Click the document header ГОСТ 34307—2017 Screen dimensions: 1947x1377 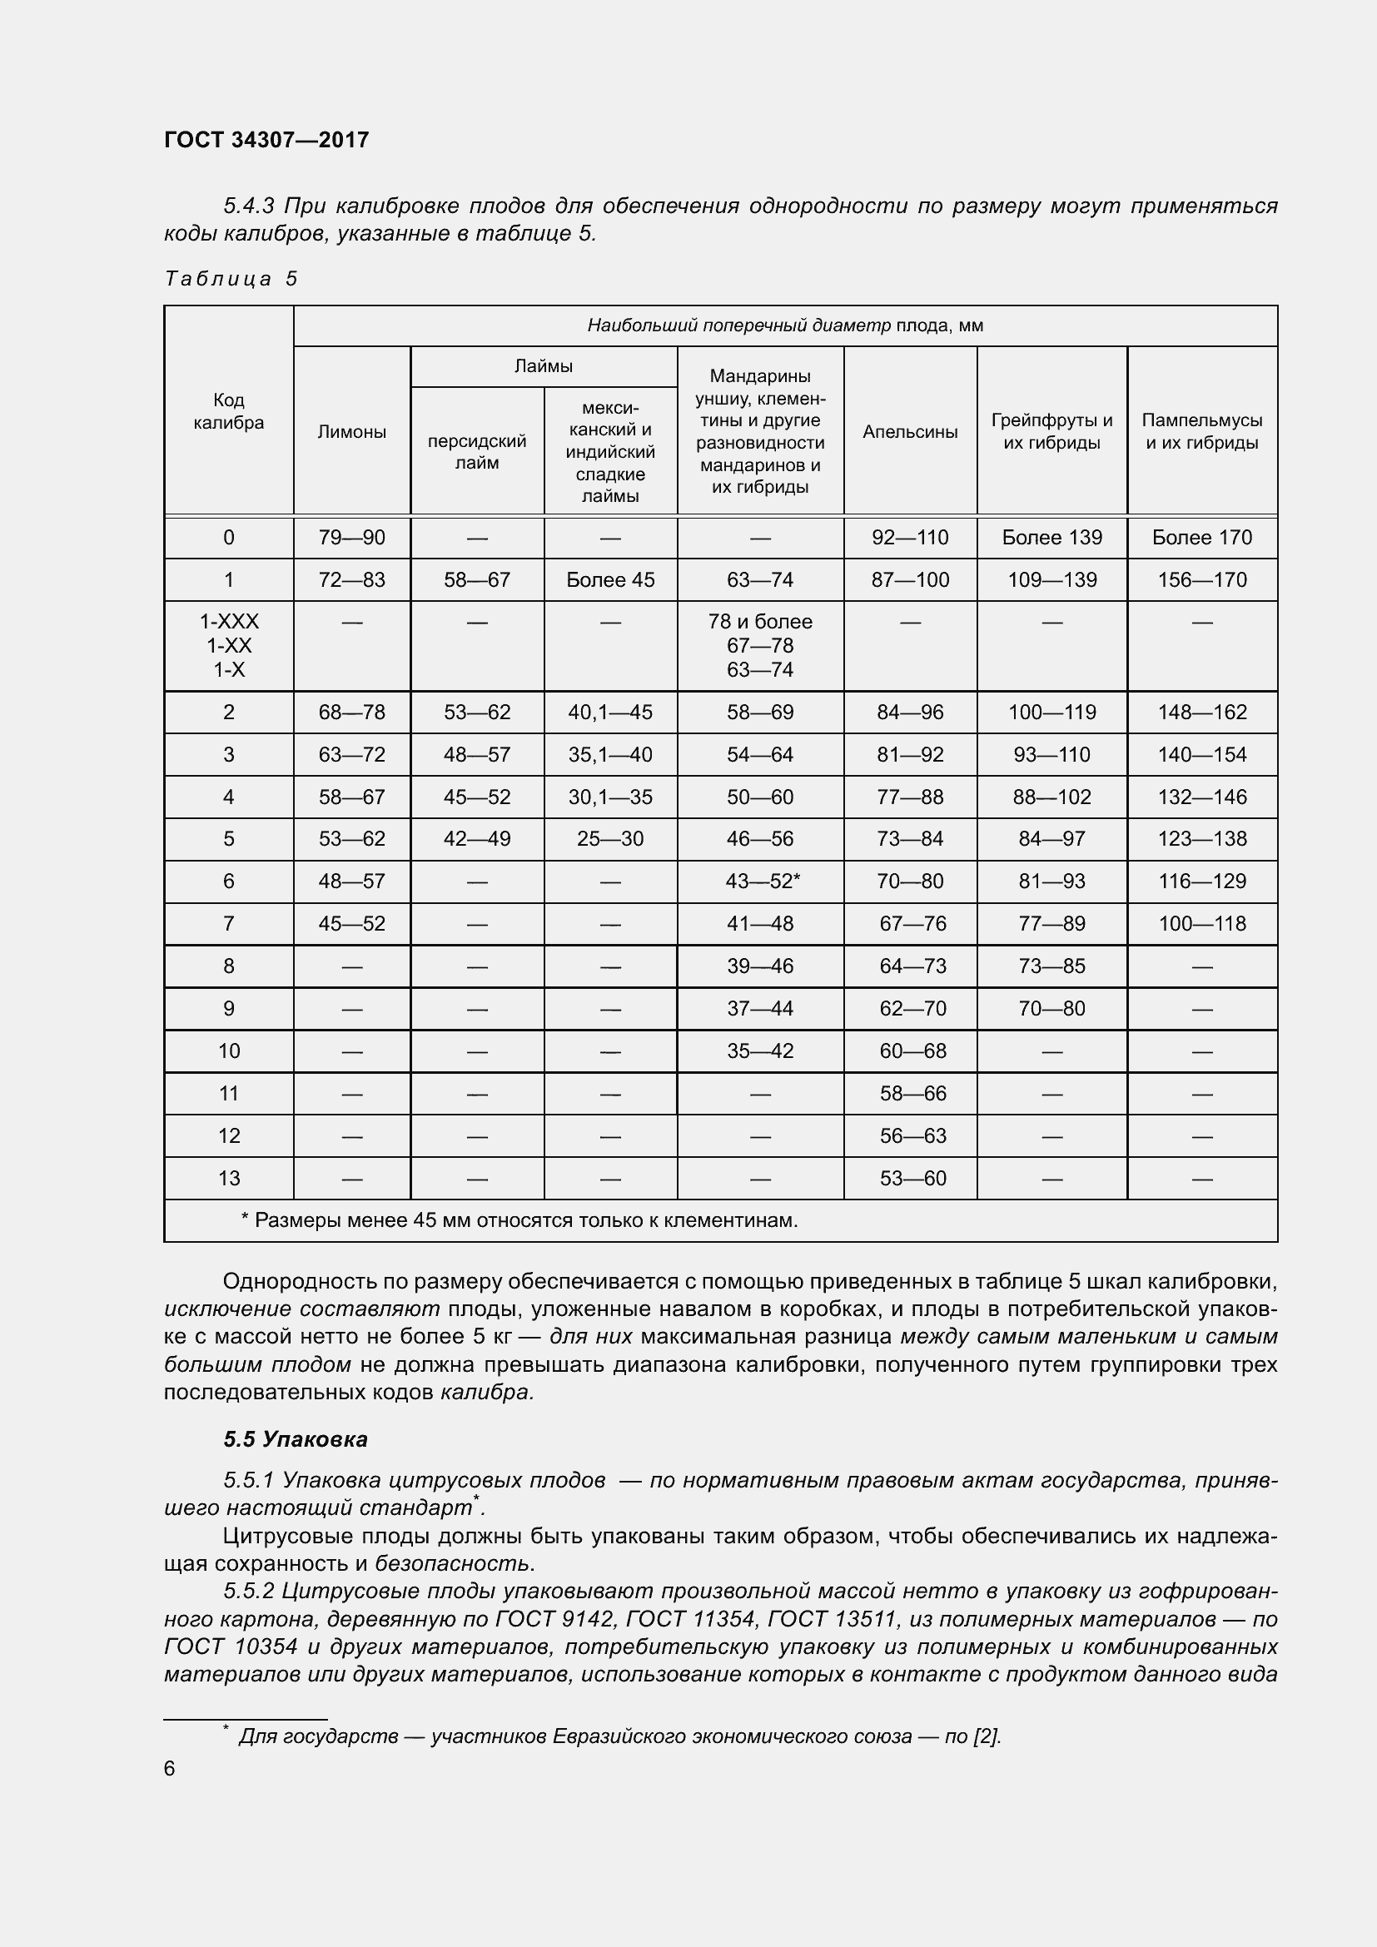(266, 140)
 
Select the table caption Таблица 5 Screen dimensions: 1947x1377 (231, 279)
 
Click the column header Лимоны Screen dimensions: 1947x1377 (352, 432)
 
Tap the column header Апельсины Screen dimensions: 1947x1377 (910, 432)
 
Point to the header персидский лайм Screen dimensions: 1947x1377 (476, 452)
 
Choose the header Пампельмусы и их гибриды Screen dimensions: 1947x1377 (1201, 432)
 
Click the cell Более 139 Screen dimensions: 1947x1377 (1051, 538)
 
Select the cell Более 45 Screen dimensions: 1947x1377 (609, 580)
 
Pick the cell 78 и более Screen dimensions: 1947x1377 (760, 622)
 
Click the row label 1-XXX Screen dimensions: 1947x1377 (229, 622)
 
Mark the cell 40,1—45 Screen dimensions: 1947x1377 (609, 713)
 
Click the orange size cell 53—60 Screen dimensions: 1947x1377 (912, 1178)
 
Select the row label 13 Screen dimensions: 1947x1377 (229, 1178)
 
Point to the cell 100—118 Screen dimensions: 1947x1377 (1201, 923)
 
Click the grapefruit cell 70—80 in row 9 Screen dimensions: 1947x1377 (1051, 1008)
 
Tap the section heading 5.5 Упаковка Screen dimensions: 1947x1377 (295, 1439)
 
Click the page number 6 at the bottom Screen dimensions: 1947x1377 (170, 1768)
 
